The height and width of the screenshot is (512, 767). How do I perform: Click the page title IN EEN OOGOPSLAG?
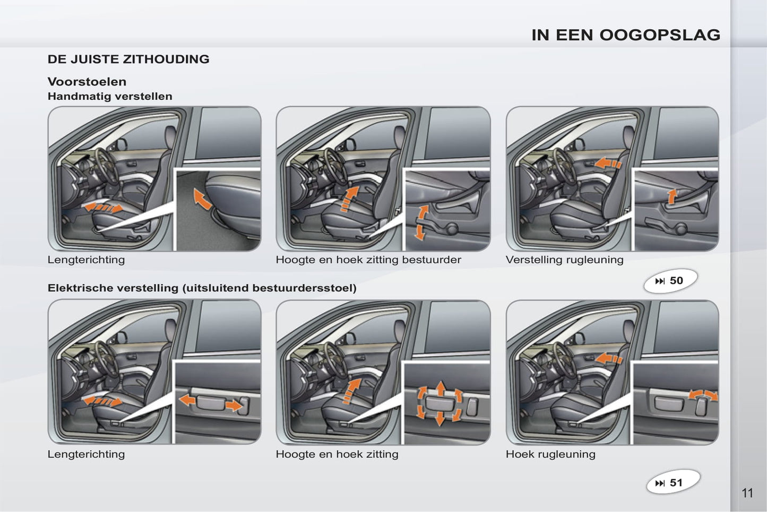click(x=626, y=35)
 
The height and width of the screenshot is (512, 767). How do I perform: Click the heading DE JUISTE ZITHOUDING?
click(x=128, y=59)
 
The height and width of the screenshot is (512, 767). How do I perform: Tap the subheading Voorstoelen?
click(x=87, y=82)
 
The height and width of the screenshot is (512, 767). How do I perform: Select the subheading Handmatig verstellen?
click(x=110, y=96)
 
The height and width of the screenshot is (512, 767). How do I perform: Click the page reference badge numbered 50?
click(x=670, y=281)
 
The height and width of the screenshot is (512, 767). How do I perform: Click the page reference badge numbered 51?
click(x=673, y=482)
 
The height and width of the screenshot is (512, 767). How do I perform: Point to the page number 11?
click(x=747, y=493)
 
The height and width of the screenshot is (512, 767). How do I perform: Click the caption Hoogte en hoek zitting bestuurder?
click(x=368, y=260)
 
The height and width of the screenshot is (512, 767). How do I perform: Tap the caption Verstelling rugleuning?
click(x=564, y=260)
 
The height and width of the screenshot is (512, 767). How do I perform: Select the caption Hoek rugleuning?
click(x=550, y=454)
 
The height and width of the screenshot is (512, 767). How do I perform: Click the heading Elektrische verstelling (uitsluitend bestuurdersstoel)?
click(x=202, y=288)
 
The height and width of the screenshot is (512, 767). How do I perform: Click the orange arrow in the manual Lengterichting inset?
click(x=202, y=199)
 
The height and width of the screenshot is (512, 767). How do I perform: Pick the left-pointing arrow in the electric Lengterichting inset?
click(x=187, y=399)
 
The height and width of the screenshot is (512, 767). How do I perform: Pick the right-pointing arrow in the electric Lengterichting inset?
click(x=234, y=406)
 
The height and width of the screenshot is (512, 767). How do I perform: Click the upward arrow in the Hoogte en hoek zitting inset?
click(x=441, y=389)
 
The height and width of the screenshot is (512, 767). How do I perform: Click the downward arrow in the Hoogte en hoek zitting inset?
click(x=440, y=419)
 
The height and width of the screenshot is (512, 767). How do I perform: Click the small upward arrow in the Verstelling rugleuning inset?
click(x=672, y=197)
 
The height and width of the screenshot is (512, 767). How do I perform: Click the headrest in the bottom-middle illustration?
click(x=399, y=330)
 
